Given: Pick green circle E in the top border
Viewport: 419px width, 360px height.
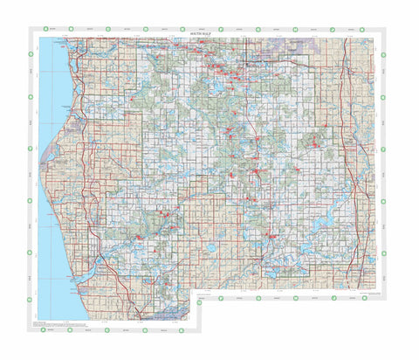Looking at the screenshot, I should (x=183, y=30).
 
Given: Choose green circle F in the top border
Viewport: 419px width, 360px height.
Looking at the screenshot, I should (x=221, y=30).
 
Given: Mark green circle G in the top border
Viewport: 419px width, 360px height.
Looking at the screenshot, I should (x=258, y=30).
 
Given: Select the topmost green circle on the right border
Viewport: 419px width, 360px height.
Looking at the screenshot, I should (x=384, y=54).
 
